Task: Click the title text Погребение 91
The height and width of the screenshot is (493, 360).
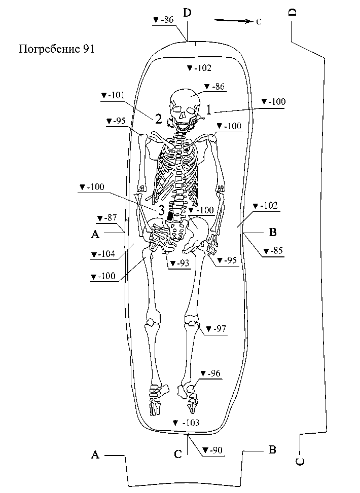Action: coord(56,49)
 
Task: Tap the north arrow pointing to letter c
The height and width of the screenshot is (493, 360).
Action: coord(234,21)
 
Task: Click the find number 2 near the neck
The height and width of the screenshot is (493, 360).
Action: coord(158,119)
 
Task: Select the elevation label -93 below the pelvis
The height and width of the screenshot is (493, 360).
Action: coord(180,263)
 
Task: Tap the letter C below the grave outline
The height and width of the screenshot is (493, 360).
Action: coord(178,454)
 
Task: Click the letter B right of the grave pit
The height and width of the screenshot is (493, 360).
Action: coord(272,233)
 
